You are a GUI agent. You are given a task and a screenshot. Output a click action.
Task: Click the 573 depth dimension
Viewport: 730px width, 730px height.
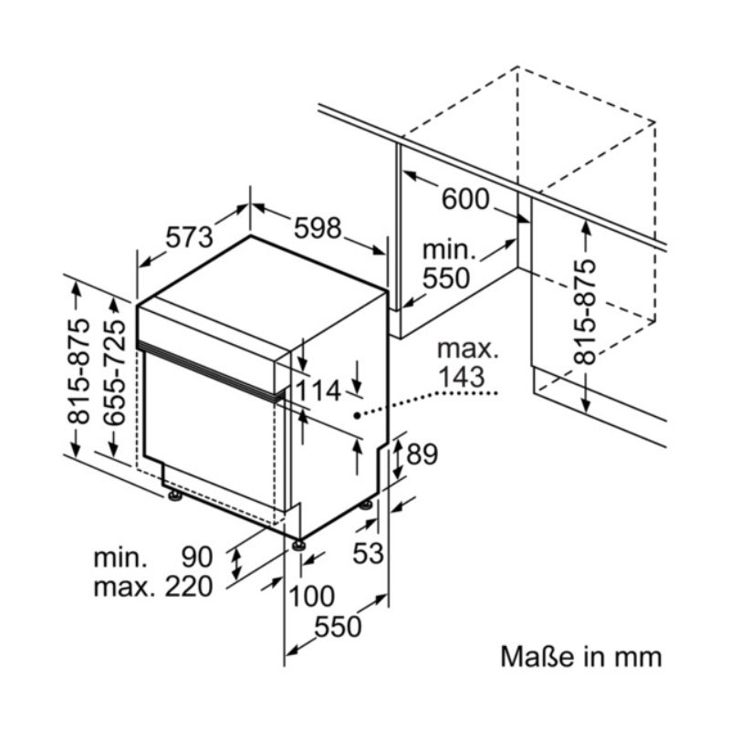click(x=190, y=237)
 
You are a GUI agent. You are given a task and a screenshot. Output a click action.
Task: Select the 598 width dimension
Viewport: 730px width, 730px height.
click(x=318, y=228)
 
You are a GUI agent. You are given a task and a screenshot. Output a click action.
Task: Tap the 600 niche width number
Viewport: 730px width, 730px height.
click(x=465, y=199)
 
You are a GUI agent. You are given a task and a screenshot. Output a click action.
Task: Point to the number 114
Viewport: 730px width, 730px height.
click(x=318, y=391)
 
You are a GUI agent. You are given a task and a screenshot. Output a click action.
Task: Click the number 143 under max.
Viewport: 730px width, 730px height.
click(x=462, y=377)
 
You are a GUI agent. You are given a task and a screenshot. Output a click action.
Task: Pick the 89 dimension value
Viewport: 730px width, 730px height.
click(x=422, y=454)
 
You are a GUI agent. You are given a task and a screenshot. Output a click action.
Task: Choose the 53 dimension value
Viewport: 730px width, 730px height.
click(x=368, y=554)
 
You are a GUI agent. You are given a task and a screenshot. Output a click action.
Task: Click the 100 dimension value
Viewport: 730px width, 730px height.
click(x=312, y=597)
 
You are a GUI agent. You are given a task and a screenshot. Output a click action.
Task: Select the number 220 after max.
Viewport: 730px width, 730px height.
click(x=189, y=587)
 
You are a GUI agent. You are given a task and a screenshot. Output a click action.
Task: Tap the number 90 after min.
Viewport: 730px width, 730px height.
click(x=197, y=558)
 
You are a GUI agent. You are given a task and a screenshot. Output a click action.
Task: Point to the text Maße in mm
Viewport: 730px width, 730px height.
click(x=581, y=657)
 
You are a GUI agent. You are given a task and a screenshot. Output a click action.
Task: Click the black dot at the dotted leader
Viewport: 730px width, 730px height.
click(x=357, y=416)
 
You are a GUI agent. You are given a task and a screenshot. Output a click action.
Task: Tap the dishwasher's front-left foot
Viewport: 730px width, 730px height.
click(x=175, y=496)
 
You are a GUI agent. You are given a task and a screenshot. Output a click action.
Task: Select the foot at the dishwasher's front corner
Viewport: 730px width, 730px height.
click(x=298, y=545)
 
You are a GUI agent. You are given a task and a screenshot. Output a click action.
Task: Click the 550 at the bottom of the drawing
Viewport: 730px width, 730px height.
click(x=338, y=627)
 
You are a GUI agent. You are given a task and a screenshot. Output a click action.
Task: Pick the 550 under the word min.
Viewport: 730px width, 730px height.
click(x=446, y=279)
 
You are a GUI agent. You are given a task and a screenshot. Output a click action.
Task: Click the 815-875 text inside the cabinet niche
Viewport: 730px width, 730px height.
click(x=585, y=312)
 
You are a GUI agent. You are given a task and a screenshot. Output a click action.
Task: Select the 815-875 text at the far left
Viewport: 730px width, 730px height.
click(x=78, y=371)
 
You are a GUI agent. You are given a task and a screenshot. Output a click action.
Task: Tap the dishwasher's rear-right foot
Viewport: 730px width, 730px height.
click(x=366, y=505)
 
